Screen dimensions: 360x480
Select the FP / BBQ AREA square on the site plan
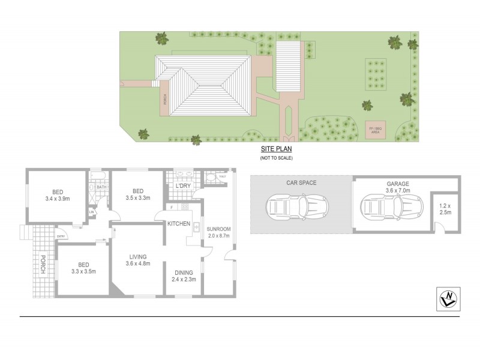pyautogui.click(x=376, y=130)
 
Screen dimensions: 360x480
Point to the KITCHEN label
pyautogui.click(x=179, y=224)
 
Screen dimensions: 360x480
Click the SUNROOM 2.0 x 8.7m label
pyautogui.click(x=218, y=233)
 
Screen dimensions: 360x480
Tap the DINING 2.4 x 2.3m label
pyautogui.click(x=182, y=275)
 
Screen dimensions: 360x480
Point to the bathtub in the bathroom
pyautogui.click(x=98, y=176)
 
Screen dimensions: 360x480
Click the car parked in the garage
pyautogui.click(x=386, y=208)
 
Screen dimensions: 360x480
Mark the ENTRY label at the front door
pyautogui.click(x=61, y=236)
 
